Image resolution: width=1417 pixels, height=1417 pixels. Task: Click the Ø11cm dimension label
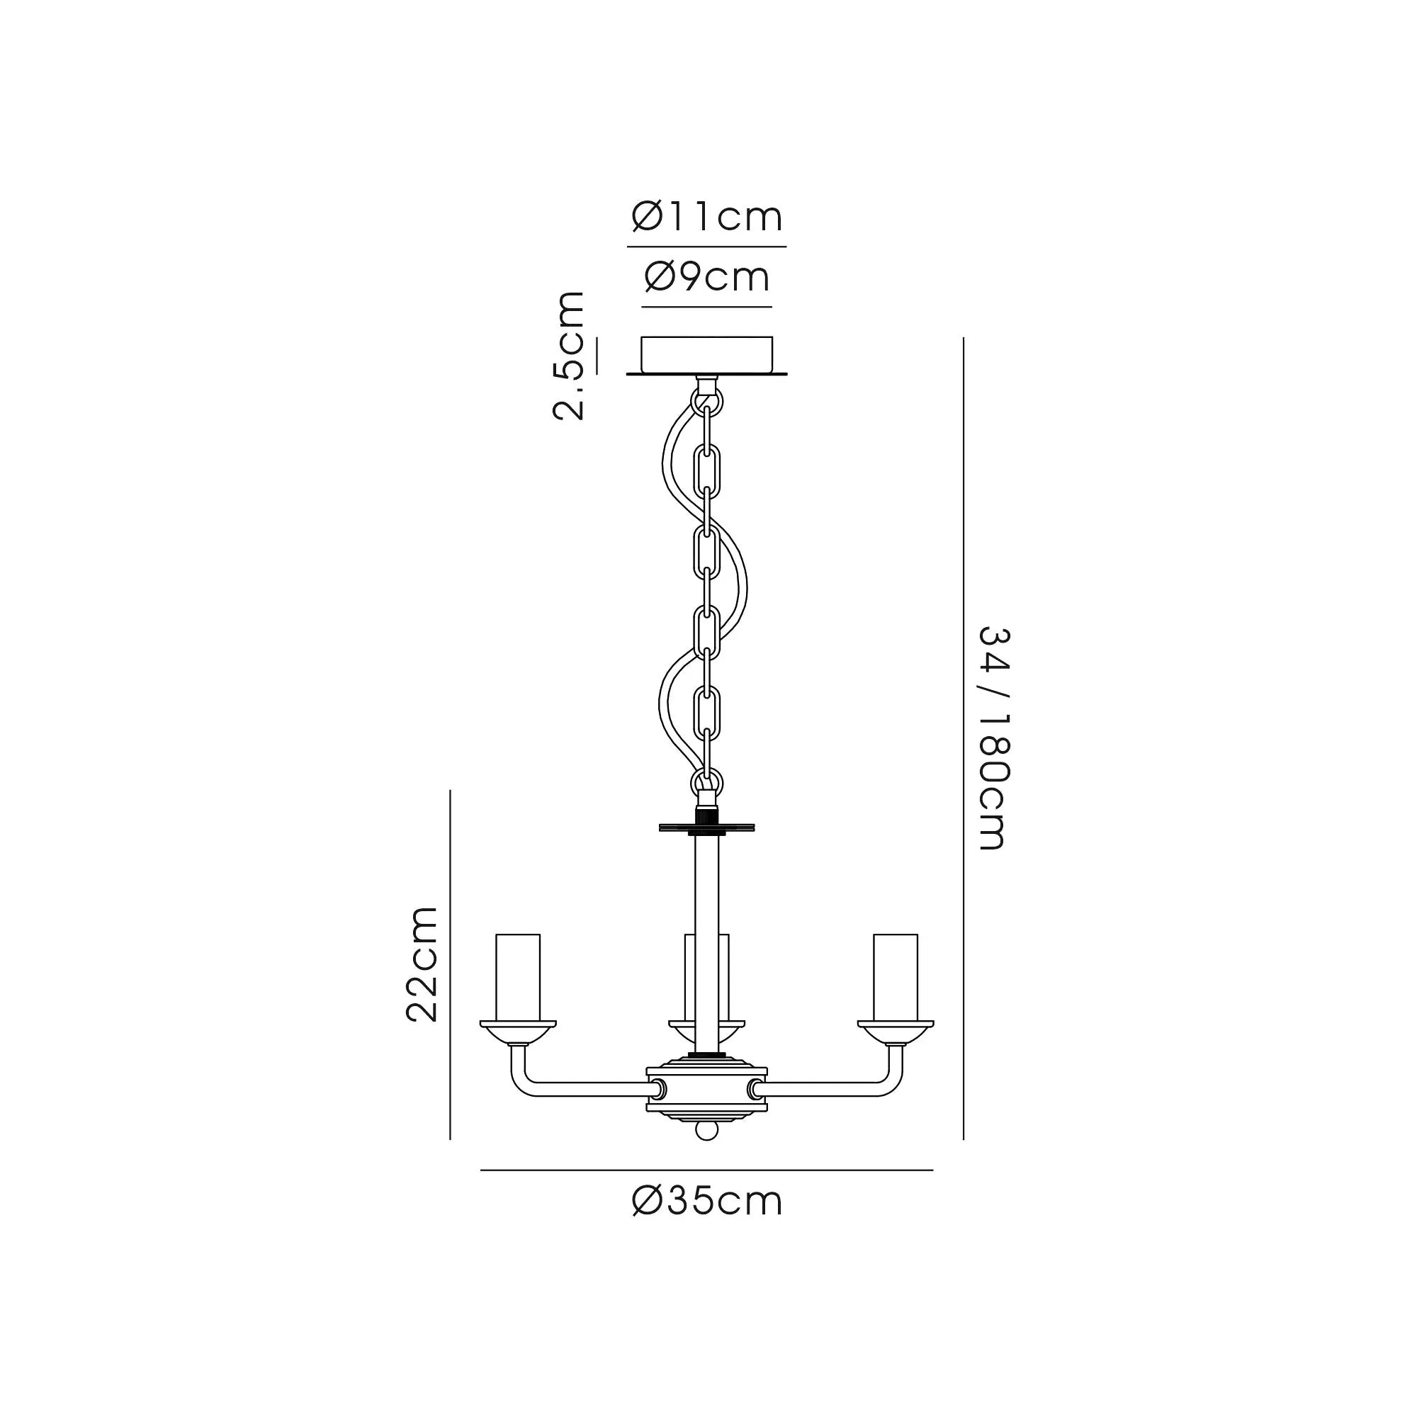(707, 217)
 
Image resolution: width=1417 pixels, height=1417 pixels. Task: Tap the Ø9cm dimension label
(707, 277)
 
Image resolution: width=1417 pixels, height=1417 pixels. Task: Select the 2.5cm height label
(569, 356)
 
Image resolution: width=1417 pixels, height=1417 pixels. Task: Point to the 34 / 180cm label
(995, 738)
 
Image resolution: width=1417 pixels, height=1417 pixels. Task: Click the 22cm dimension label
(422, 964)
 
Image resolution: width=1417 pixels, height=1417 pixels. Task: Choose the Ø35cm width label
(707, 1202)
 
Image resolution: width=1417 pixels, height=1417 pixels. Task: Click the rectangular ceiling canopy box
(707, 355)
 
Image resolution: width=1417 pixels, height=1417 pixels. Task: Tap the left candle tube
(518, 977)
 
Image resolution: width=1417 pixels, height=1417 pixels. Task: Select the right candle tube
(895, 977)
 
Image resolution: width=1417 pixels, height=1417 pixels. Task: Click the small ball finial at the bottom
(706, 1150)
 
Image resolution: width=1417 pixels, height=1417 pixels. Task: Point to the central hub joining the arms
(706, 1097)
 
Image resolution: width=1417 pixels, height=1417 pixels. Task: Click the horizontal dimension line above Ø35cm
(706, 1170)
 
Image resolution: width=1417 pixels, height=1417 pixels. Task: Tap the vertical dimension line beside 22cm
(451, 964)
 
